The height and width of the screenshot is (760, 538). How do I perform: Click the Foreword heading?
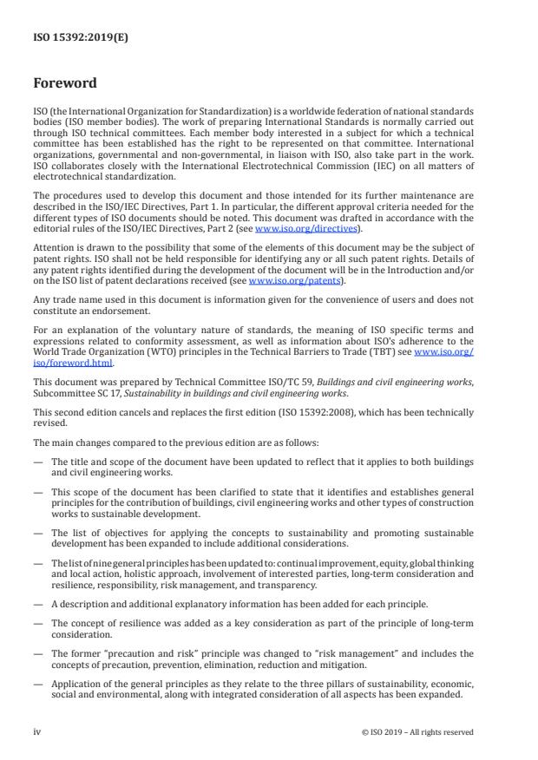tap(64, 84)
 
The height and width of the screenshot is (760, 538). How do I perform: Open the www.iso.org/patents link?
tap(283, 281)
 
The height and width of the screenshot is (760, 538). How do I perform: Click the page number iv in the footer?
tap(37, 731)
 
